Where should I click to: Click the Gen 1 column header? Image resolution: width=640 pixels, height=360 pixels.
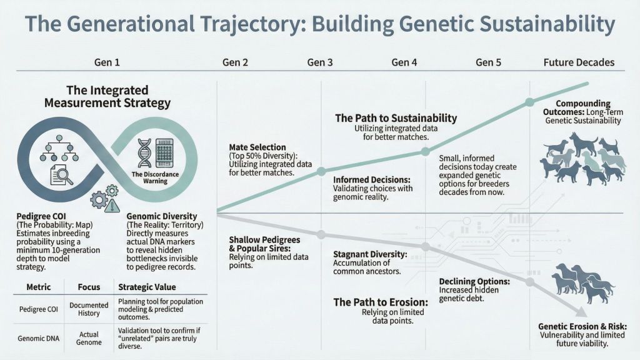107,62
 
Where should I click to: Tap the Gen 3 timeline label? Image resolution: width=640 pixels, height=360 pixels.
321,62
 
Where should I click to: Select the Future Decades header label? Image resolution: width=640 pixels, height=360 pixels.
579,62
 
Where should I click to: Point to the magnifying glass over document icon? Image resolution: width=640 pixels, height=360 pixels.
61,174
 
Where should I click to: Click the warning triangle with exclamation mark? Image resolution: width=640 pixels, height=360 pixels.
113,205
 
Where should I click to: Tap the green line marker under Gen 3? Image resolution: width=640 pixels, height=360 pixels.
321,171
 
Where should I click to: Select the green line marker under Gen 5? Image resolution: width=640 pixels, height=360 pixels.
529,102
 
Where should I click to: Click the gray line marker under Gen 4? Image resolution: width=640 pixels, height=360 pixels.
425,247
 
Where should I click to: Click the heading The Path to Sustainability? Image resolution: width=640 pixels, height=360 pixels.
396,118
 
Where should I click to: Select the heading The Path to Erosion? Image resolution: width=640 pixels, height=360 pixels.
380,302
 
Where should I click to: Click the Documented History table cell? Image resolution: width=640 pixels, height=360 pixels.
89,309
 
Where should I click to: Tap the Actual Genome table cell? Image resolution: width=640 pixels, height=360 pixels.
89,338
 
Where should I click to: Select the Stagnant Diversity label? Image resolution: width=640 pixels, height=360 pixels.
370,255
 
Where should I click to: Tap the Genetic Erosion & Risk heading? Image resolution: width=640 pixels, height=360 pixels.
582,326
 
